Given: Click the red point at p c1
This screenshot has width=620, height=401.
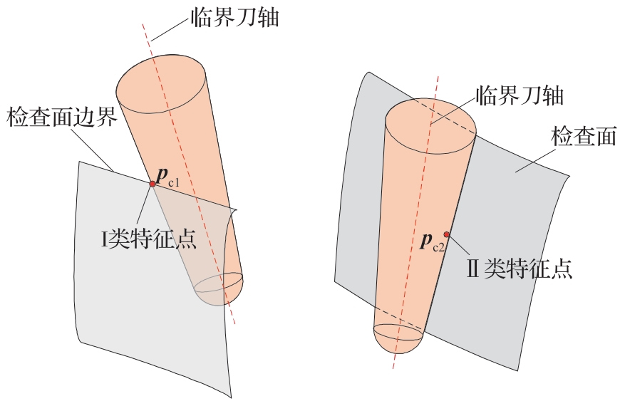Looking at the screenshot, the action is click(x=153, y=184).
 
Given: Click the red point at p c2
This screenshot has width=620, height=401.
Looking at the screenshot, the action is click(x=446, y=234).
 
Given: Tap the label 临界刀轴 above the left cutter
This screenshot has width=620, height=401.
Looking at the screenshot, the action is click(x=235, y=17).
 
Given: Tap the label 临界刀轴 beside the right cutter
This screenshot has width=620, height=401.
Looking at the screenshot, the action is click(x=520, y=95).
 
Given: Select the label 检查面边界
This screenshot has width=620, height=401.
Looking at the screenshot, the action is click(x=63, y=117).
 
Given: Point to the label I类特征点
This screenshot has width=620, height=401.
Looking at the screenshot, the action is click(x=149, y=239).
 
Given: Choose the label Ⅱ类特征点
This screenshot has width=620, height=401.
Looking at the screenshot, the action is click(x=520, y=269).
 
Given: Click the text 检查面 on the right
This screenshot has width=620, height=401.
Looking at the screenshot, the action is click(x=584, y=136).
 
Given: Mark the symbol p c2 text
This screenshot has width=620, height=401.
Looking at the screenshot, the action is click(x=433, y=241).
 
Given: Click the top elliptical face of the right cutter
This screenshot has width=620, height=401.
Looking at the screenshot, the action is click(x=431, y=125).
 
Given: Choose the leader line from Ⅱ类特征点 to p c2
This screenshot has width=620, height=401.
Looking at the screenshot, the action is click(x=459, y=245).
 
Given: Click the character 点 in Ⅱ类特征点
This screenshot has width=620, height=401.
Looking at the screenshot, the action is click(x=562, y=269).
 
